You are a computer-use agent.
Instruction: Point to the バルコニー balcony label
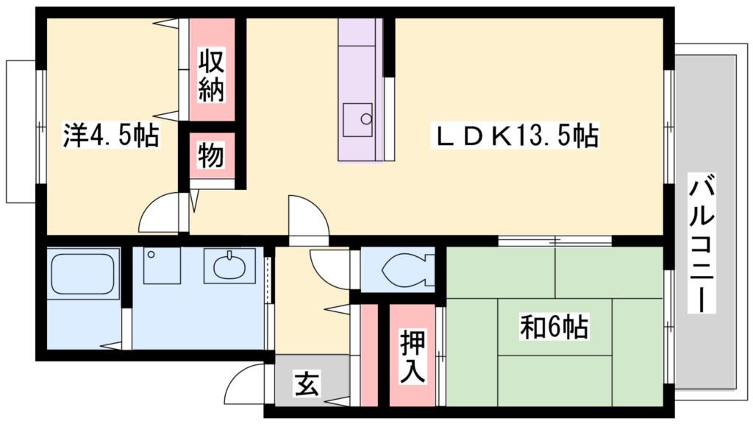[702, 243]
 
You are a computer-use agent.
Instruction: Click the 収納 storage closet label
[212, 76]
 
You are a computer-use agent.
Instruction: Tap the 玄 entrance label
[307, 384]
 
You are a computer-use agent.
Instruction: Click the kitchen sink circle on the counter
[365, 118]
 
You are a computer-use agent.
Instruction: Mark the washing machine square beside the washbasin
[162, 266]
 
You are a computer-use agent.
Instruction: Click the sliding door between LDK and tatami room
[555, 241]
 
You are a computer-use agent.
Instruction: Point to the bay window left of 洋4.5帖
[21, 131]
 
